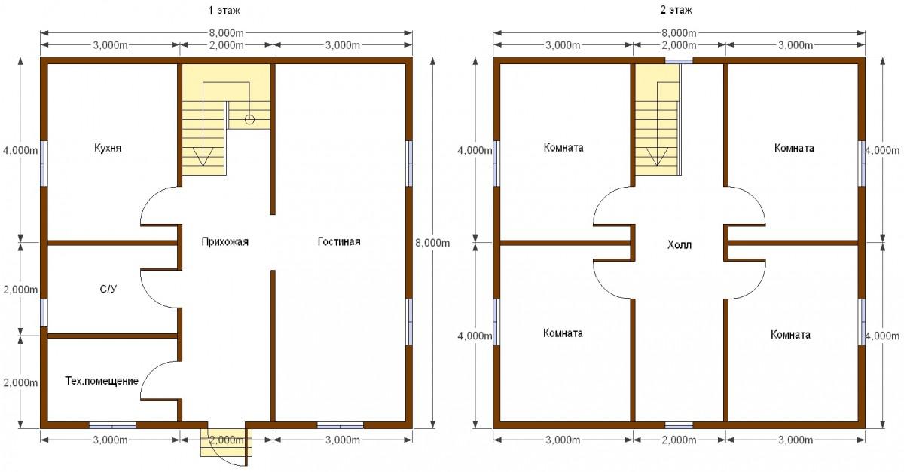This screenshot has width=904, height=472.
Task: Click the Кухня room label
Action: point(108,148)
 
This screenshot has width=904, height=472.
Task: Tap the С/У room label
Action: point(108,289)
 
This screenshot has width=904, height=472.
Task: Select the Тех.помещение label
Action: point(102,382)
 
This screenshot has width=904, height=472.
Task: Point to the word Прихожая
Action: point(224,242)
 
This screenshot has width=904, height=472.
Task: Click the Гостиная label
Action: point(339,241)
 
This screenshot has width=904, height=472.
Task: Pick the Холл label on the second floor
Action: point(680,245)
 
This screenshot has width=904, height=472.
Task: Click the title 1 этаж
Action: point(224,10)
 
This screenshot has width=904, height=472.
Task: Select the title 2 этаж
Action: point(676,10)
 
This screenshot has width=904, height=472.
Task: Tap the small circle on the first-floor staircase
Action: point(250,120)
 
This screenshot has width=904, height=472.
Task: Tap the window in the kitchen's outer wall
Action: point(44,164)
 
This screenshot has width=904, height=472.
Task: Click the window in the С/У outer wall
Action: point(44,312)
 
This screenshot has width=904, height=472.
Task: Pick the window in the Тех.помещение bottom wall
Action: point(112,425)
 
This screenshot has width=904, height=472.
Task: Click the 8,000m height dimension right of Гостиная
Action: point(432,243)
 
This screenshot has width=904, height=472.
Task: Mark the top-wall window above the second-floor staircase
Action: point(679,60)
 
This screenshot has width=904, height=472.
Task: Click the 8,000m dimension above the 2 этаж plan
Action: point(679,32)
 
